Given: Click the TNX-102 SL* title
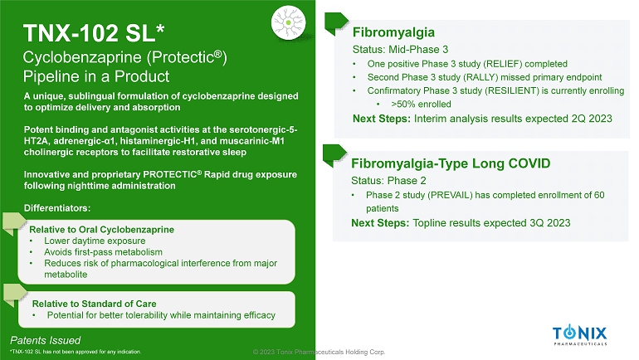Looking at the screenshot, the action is [x=94, y=33].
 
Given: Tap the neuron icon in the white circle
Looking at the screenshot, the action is [x=289, y=22].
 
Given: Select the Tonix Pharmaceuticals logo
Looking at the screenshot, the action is [x=580, y=336].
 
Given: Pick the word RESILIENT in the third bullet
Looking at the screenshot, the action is [x=509, y=90].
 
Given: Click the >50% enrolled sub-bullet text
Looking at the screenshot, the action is [x=421, y=105].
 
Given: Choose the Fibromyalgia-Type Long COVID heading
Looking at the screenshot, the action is [x=451, y=163].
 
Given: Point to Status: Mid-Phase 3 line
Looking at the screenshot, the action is [x=400, y=50].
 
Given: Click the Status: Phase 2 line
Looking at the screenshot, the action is [x=388, y=180].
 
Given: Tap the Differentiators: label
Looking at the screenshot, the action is [x=57, y=208].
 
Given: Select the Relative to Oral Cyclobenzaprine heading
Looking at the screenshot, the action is [x=101, y=230].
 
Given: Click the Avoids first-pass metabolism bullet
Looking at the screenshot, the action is [x=103, y=252].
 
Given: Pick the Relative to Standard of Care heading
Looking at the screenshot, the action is [x=94, y=304].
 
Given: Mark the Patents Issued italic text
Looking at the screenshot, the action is [x=46, y=340].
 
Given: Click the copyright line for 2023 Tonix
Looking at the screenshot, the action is [x=319, y=352].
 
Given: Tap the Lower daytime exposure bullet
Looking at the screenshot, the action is [x=95, y=241].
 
